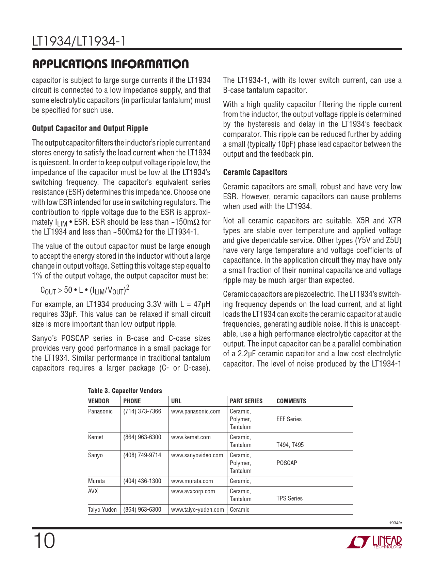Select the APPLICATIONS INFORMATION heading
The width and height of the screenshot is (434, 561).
110,64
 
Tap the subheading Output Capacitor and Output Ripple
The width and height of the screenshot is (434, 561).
90,129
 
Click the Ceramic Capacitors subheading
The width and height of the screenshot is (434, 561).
255,172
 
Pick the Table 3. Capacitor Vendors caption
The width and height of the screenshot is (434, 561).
125,391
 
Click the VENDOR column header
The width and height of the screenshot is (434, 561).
99,401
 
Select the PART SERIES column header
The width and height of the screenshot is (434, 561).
246,401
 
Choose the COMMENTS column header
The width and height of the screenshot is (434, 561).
291,401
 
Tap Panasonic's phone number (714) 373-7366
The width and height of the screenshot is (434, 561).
142,411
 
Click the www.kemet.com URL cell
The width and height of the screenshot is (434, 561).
191,437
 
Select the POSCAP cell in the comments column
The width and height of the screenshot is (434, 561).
287,463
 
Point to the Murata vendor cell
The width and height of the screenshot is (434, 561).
97,481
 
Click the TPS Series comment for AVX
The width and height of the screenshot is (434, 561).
289,498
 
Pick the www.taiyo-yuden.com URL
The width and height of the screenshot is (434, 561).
197,510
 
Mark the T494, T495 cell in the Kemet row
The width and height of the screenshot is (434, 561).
290,445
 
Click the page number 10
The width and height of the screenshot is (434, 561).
44,541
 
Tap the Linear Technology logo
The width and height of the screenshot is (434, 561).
374,542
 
